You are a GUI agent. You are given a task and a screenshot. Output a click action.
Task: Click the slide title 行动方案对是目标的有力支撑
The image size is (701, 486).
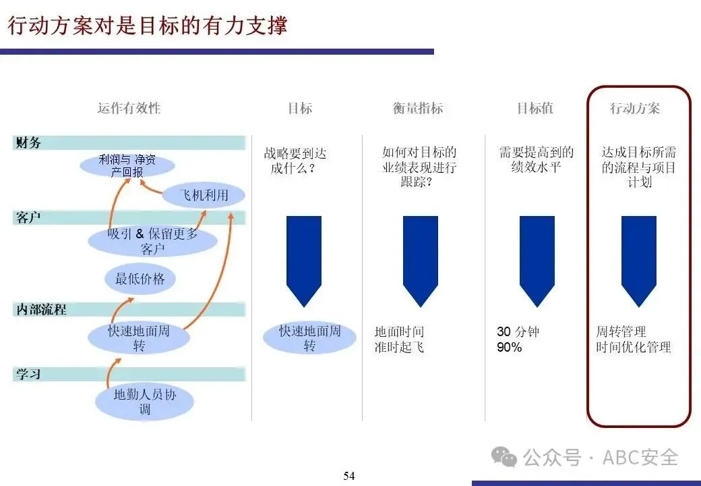pyautogui.click(x=147, y=25)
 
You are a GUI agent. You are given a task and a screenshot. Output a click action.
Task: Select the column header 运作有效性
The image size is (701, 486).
pyautogui.click(x=129, y=108)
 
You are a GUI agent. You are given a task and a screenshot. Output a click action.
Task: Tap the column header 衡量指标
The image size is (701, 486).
pyautogui.click(x=418, y=108)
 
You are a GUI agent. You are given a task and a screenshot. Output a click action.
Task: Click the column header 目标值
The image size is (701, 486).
pyautogui.click(x=535, y=108)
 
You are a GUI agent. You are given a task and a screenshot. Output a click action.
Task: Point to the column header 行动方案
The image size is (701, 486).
pyautogui.click(x=635, y=108)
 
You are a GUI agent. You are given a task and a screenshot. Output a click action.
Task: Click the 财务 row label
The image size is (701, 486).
pyautogui.click(x=28, y=142)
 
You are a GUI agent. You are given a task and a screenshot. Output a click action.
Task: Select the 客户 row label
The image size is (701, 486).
pyautogui.click(x=28, y=217)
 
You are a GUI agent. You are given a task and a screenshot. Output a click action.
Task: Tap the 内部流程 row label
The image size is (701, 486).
pyautogui.click(x=40, y=310)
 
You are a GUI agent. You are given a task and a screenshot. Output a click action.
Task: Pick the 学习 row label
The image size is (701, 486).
pyautogui.click(x=28, y=373)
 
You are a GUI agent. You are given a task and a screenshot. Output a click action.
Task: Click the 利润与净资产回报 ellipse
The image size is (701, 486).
pyautogui.click(x=127, y=165)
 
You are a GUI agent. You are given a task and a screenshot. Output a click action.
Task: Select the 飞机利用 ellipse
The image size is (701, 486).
pyautogui.click(x=204, y=196)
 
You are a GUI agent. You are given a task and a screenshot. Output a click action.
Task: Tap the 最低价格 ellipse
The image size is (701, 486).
pyautogui.click(x=140, y=278)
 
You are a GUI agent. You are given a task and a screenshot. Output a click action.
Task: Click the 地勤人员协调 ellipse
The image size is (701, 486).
pyautogui.click(x=145, y=401)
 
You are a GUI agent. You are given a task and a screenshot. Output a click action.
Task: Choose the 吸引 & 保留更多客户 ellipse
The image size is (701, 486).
pyautogui.click(x=153, y=241)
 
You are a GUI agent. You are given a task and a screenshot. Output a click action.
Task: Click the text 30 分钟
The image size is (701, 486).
pyautogui.click(x=518, y=331)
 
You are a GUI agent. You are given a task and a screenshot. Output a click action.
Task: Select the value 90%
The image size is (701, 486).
pyautogui.click(x=510, y=348)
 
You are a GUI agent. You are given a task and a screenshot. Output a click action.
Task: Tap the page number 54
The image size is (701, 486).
pyautogui.click(x=349, y=476)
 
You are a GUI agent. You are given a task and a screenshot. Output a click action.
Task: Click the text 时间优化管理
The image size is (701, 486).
pyautogui.click(x=634, y=348)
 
